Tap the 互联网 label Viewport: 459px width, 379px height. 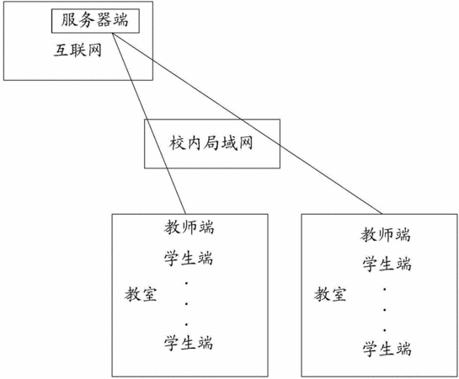click(x=77, y=50)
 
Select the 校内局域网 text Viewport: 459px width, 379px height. click(x=211, y=143)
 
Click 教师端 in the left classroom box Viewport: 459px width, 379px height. click(x=189, y=227)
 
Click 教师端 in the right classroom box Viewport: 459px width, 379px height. click(x=385, y=235)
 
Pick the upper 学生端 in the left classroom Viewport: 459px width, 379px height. click(x=188, y=258)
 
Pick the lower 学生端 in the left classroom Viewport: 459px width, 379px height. click(x=188, y=342)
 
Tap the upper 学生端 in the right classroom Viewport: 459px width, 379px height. click(x=387, y=264)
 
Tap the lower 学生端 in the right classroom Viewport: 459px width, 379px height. click(x=387, y=349)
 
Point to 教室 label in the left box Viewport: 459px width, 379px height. click(x=141, y=294)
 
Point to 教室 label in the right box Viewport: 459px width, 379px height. click(x=330, y=294)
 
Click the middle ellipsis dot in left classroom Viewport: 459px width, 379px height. click(x=186, y=304)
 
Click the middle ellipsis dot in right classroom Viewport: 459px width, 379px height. click(x=384, y=310)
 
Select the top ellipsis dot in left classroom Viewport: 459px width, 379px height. click(x=186, y=283)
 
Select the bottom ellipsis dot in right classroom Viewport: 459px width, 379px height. click(x=384, y=330)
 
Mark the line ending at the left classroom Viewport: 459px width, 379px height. click(x=149, y=123)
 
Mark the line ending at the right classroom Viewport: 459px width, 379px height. click(x=247, y=123)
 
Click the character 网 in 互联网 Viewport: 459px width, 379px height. click(x=94, y=50)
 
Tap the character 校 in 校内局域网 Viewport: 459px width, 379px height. click(x=177, y=143)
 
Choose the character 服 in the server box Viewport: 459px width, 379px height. click(x=69, y=20)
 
